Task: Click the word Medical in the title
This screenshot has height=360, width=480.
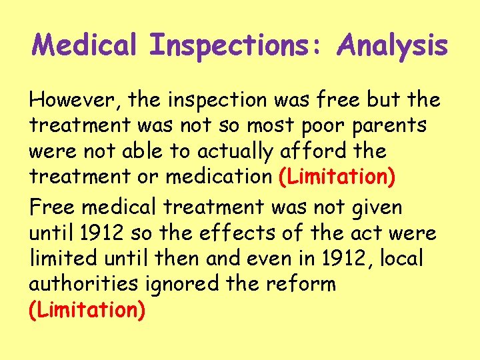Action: (86, 46)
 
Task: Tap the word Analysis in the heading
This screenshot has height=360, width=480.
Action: (393, 46)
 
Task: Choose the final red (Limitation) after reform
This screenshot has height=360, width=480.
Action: (87, 309)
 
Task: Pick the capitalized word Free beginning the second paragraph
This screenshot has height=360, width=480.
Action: (53, 208)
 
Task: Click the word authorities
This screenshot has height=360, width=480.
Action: (79, 284)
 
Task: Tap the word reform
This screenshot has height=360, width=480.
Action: (303, 284)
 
